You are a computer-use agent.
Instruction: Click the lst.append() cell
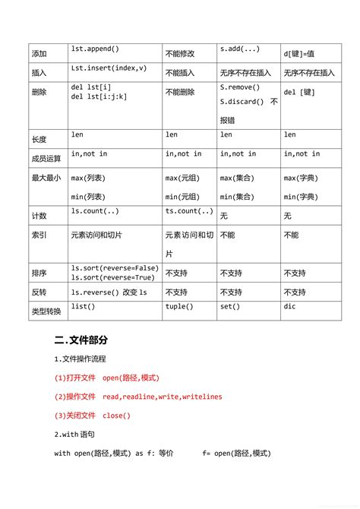tap(95, 49)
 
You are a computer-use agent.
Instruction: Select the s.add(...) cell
tap(240, 49)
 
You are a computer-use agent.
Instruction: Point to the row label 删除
tap(39, 92)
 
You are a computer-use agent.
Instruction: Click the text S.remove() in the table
tap(239, 88)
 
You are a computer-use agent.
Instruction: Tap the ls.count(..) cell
tap(95, 210)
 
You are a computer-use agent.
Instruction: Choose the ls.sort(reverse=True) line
tap(114, 277)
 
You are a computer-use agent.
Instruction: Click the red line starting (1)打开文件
tap(106, 377)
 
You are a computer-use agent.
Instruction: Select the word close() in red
tap(117, 415)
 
